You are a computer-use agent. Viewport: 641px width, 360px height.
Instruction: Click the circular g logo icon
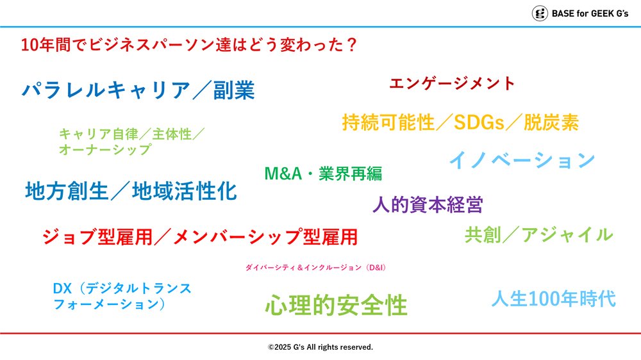tap(540, 13)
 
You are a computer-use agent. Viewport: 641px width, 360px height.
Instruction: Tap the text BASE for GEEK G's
tap(590, 13)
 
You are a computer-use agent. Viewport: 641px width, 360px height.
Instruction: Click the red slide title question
tap(189, 45)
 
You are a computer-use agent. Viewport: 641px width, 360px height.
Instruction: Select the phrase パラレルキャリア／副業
tap(138, 90)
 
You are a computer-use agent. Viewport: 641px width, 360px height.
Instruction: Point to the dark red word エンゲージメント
tap(452, 83)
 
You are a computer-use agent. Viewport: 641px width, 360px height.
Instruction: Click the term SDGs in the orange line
tap(479, 122)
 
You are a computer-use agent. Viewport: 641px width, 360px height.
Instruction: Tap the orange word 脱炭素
tap(551, 122)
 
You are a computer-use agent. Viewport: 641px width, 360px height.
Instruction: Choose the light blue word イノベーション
tap(522, 160)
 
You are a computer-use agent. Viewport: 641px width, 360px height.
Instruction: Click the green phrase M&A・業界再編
tap(323, 173)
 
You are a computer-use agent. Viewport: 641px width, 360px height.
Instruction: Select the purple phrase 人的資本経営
tap(428, 204)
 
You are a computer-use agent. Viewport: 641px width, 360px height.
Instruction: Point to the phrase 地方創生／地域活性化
tap(131, 191)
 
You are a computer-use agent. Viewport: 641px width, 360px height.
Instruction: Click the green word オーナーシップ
tap(105, 149)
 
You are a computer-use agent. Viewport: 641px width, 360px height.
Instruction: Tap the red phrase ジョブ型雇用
tap(97, 237)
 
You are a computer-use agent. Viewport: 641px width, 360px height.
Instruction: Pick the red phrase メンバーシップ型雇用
tap(265, 237)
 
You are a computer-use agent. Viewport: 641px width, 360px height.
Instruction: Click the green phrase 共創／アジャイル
tap(539, 234)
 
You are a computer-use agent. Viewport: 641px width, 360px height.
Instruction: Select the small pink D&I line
tap(315, 268)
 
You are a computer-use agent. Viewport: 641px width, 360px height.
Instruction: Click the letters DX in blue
tap(62, 288)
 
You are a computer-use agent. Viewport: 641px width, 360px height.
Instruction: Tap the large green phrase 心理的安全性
tap(336, 306)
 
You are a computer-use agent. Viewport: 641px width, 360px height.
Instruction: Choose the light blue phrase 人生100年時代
tap(554, 299)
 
